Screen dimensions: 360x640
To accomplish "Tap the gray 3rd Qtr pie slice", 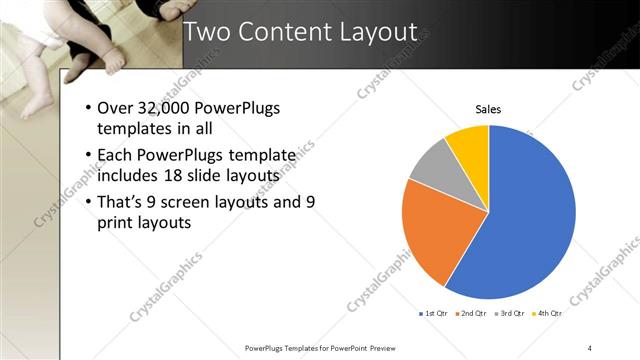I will coord(431,164).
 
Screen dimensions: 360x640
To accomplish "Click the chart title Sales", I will coord(488,109).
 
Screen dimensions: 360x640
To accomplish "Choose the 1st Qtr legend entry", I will coord(434,314).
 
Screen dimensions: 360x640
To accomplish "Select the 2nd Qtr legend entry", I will coord(471,314).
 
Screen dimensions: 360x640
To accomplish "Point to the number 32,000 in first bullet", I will coord(163,109).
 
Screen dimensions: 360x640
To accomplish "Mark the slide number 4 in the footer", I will coord(590,348).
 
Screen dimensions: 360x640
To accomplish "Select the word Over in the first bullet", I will coord(116,109).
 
